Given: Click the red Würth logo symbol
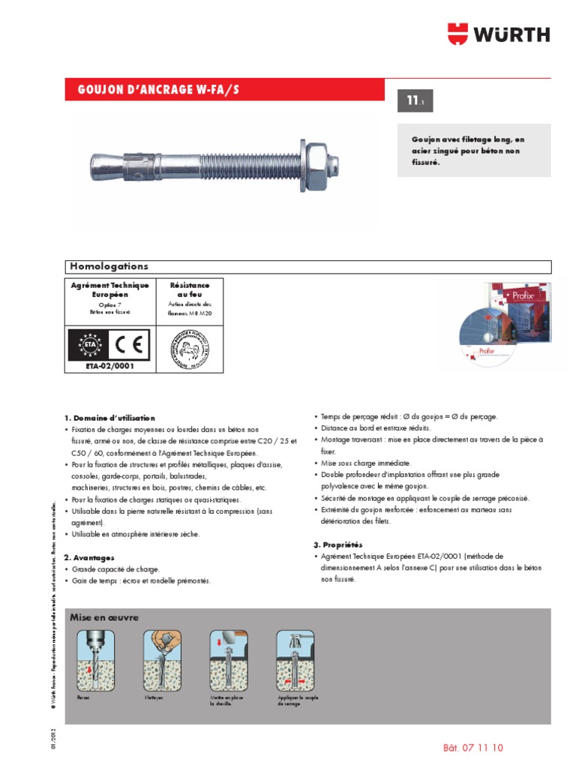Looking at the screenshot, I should pos(459,33).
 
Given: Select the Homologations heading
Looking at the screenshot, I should pos(109,266).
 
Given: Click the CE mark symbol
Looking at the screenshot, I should pos(132,344).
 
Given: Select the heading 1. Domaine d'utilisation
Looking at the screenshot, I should pos(109,417).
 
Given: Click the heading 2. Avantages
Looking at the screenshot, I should pos(88,557).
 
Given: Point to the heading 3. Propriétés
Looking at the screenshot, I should pos(337,544).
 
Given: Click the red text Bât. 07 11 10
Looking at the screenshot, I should pos(472,748).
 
